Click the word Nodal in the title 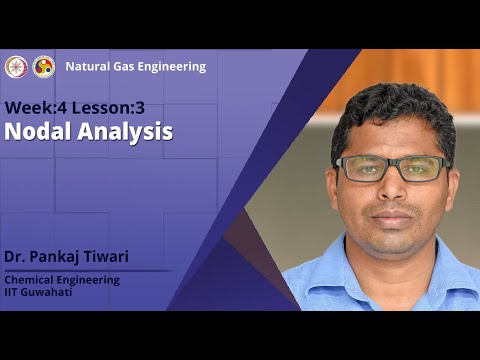coord(36,131)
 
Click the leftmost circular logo coord(15,66)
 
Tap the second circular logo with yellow coord(44,66)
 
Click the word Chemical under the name coord(32,280)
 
